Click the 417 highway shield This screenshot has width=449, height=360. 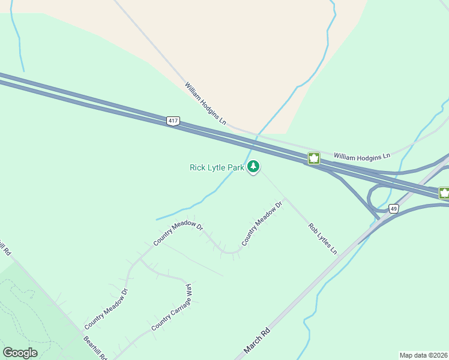pyautogui.click(x=173, y=121)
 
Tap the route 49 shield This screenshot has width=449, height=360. pyautogui.click(x=393, y=209)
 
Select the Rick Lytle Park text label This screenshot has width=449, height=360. pyautogui.click(x=217, y=167)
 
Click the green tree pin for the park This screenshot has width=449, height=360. pyautogui.click(x=253, y=166)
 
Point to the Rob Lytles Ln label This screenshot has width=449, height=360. pyautogui.click(x=322, y=238)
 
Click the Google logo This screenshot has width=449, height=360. pyautogui.click(x=20, y=353)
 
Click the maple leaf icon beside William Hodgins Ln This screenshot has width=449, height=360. pyautogui.click(x=313, y=158)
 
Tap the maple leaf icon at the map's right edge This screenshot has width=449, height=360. pyautogui.click(x=444, y=193)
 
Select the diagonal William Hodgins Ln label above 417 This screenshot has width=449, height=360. pyautogui.click(x=205, y=104)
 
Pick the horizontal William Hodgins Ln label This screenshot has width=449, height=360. pyautogui.click(x=362, y=155)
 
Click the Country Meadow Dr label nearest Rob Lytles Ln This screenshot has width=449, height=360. pyautogui.click(x=262, y=223)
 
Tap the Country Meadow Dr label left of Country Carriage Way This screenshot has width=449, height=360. pyautogui.click(x=106, y=308)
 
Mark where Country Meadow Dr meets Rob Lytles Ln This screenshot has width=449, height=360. pyautogui.click(x=286, y=199)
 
